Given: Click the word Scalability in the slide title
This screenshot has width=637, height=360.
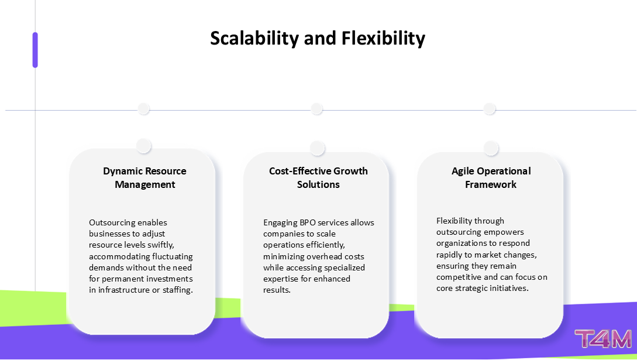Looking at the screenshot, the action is tap(254, 39).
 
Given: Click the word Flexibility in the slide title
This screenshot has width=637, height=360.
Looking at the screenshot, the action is tap(383, 39).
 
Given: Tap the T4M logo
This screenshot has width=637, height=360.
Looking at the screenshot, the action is tap(603, 339).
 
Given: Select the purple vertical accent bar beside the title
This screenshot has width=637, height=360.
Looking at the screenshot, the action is tap(35, 50).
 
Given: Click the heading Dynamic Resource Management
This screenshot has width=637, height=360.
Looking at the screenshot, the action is tap(144, 177).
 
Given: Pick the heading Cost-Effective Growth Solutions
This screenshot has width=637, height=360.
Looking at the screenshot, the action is tap(318, 177).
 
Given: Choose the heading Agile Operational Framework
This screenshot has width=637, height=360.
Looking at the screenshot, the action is tap(491, 177).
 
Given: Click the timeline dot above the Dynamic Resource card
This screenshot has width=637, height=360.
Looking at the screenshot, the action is tap(143, 109).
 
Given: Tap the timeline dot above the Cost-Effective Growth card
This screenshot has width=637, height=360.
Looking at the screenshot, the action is tap(316, 109).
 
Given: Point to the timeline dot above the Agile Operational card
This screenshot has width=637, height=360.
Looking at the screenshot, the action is tap(490, 109).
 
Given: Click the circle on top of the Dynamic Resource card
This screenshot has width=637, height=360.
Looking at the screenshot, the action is tap(144, 146).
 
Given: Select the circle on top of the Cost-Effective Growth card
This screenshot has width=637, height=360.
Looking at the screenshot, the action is tap(317, 148).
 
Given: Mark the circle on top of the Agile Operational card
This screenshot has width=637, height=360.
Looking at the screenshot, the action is tap(491, 148).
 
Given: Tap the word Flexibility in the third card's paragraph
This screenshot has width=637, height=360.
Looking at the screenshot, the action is tap(453, 221).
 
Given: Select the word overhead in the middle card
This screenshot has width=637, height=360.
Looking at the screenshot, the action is tap(325, 256).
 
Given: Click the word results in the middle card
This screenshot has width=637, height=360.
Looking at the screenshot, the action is tap(277, 290).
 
